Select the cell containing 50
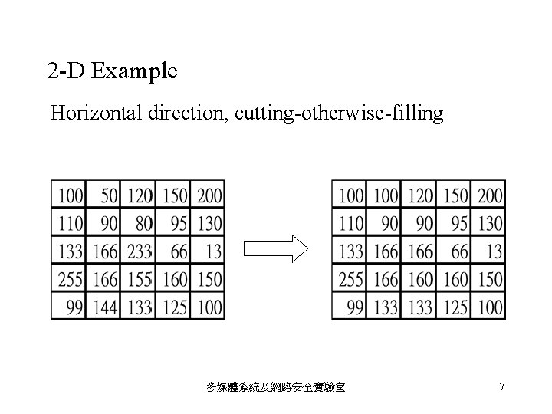pos(104,195)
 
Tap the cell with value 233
pos(139,251)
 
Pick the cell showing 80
pos(139,223)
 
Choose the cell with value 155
pos(139,279)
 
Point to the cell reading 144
pos(104,307)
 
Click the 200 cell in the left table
pos(209,195)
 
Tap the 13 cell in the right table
pos(489,251)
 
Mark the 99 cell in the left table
pos(70,307)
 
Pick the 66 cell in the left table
pos(174,251)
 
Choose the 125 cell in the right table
pos(454,307)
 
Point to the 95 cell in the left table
pos(174,223)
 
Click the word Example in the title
pos(135,72)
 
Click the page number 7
pos(501,386)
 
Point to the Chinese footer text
pos(276,387)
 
